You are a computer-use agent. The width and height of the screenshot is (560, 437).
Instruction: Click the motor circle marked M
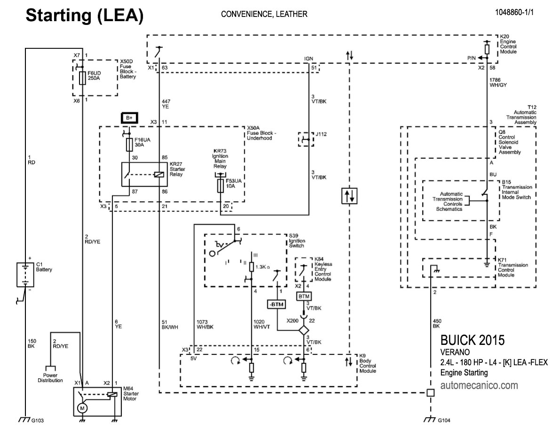point(82,408)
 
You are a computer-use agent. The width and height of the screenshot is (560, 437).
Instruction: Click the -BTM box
point(277,304)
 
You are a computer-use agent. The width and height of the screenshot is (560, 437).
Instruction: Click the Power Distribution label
point(50,378)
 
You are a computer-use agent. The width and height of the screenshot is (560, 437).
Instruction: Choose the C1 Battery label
point(44,267)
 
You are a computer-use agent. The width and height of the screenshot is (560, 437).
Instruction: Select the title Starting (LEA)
point(84,15)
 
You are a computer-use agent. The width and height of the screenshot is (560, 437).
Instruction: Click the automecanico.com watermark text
point(479,386)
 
